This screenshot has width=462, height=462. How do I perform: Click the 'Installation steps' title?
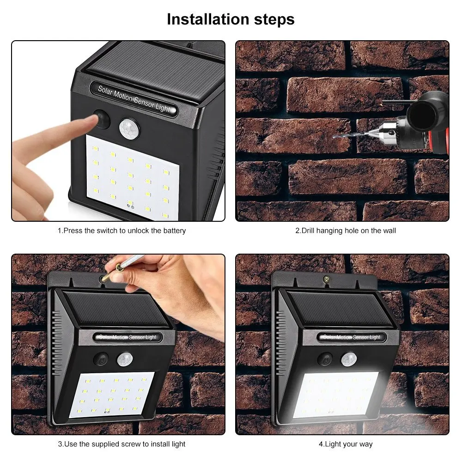click(x=231, y=19)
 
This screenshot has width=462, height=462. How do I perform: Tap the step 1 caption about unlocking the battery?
click(x=122, y=230)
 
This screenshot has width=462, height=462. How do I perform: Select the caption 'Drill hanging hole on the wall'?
click(x=346, y=230)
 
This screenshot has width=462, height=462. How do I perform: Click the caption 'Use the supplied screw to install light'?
click(x=122, y=444)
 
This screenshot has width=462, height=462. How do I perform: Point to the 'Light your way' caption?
click(x=346, y=444)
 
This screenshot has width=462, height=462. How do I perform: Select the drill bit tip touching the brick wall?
click(x=334, y=137)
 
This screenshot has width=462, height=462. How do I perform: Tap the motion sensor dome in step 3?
click(x=123, y=359)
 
